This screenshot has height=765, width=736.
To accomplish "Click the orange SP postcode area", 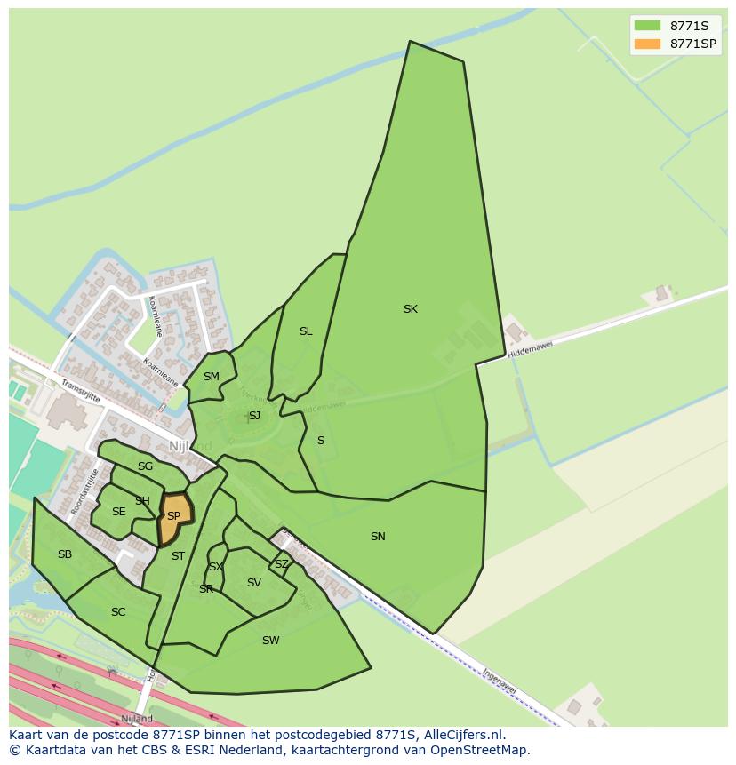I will click(174, 517).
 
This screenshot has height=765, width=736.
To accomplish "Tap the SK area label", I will click(410, 309).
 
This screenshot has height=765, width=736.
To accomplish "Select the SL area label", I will click(306, 331).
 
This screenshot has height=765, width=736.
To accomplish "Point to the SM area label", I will click(211, 377).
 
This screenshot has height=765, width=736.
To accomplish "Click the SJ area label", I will click(254, 416).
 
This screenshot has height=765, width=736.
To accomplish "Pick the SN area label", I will click(378, 537).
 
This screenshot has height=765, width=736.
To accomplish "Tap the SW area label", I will click(271, 641).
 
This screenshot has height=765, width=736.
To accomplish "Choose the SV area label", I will click(254, 583).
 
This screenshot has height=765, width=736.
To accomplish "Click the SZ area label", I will click(281, 564).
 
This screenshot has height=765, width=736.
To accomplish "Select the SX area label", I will click(216, 567).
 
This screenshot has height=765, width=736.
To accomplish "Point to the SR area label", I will click(206, 589).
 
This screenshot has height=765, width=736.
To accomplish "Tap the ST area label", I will click(178, 556).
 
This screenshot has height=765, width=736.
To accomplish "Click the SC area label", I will click(118, 612).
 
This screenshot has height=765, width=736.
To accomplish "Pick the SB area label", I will click(65, 554).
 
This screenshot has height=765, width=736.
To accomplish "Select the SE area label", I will click(119, 512).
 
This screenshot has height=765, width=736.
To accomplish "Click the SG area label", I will click(145, 466).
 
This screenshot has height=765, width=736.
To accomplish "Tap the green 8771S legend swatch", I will click(647, 26).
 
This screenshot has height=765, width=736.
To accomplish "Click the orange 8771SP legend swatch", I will click(647, 44).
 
